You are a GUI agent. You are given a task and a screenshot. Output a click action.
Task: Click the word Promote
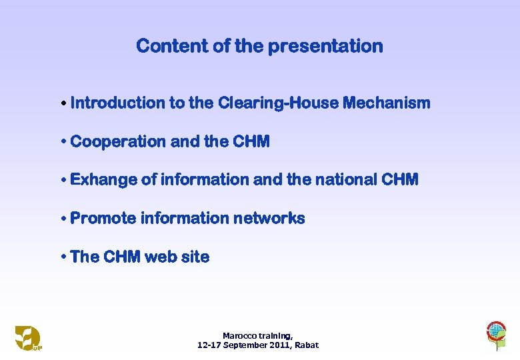pos(101,219)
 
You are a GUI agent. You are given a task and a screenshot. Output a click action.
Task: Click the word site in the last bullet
pos(197,257)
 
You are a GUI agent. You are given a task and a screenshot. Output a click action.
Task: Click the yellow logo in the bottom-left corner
pos(28,337)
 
